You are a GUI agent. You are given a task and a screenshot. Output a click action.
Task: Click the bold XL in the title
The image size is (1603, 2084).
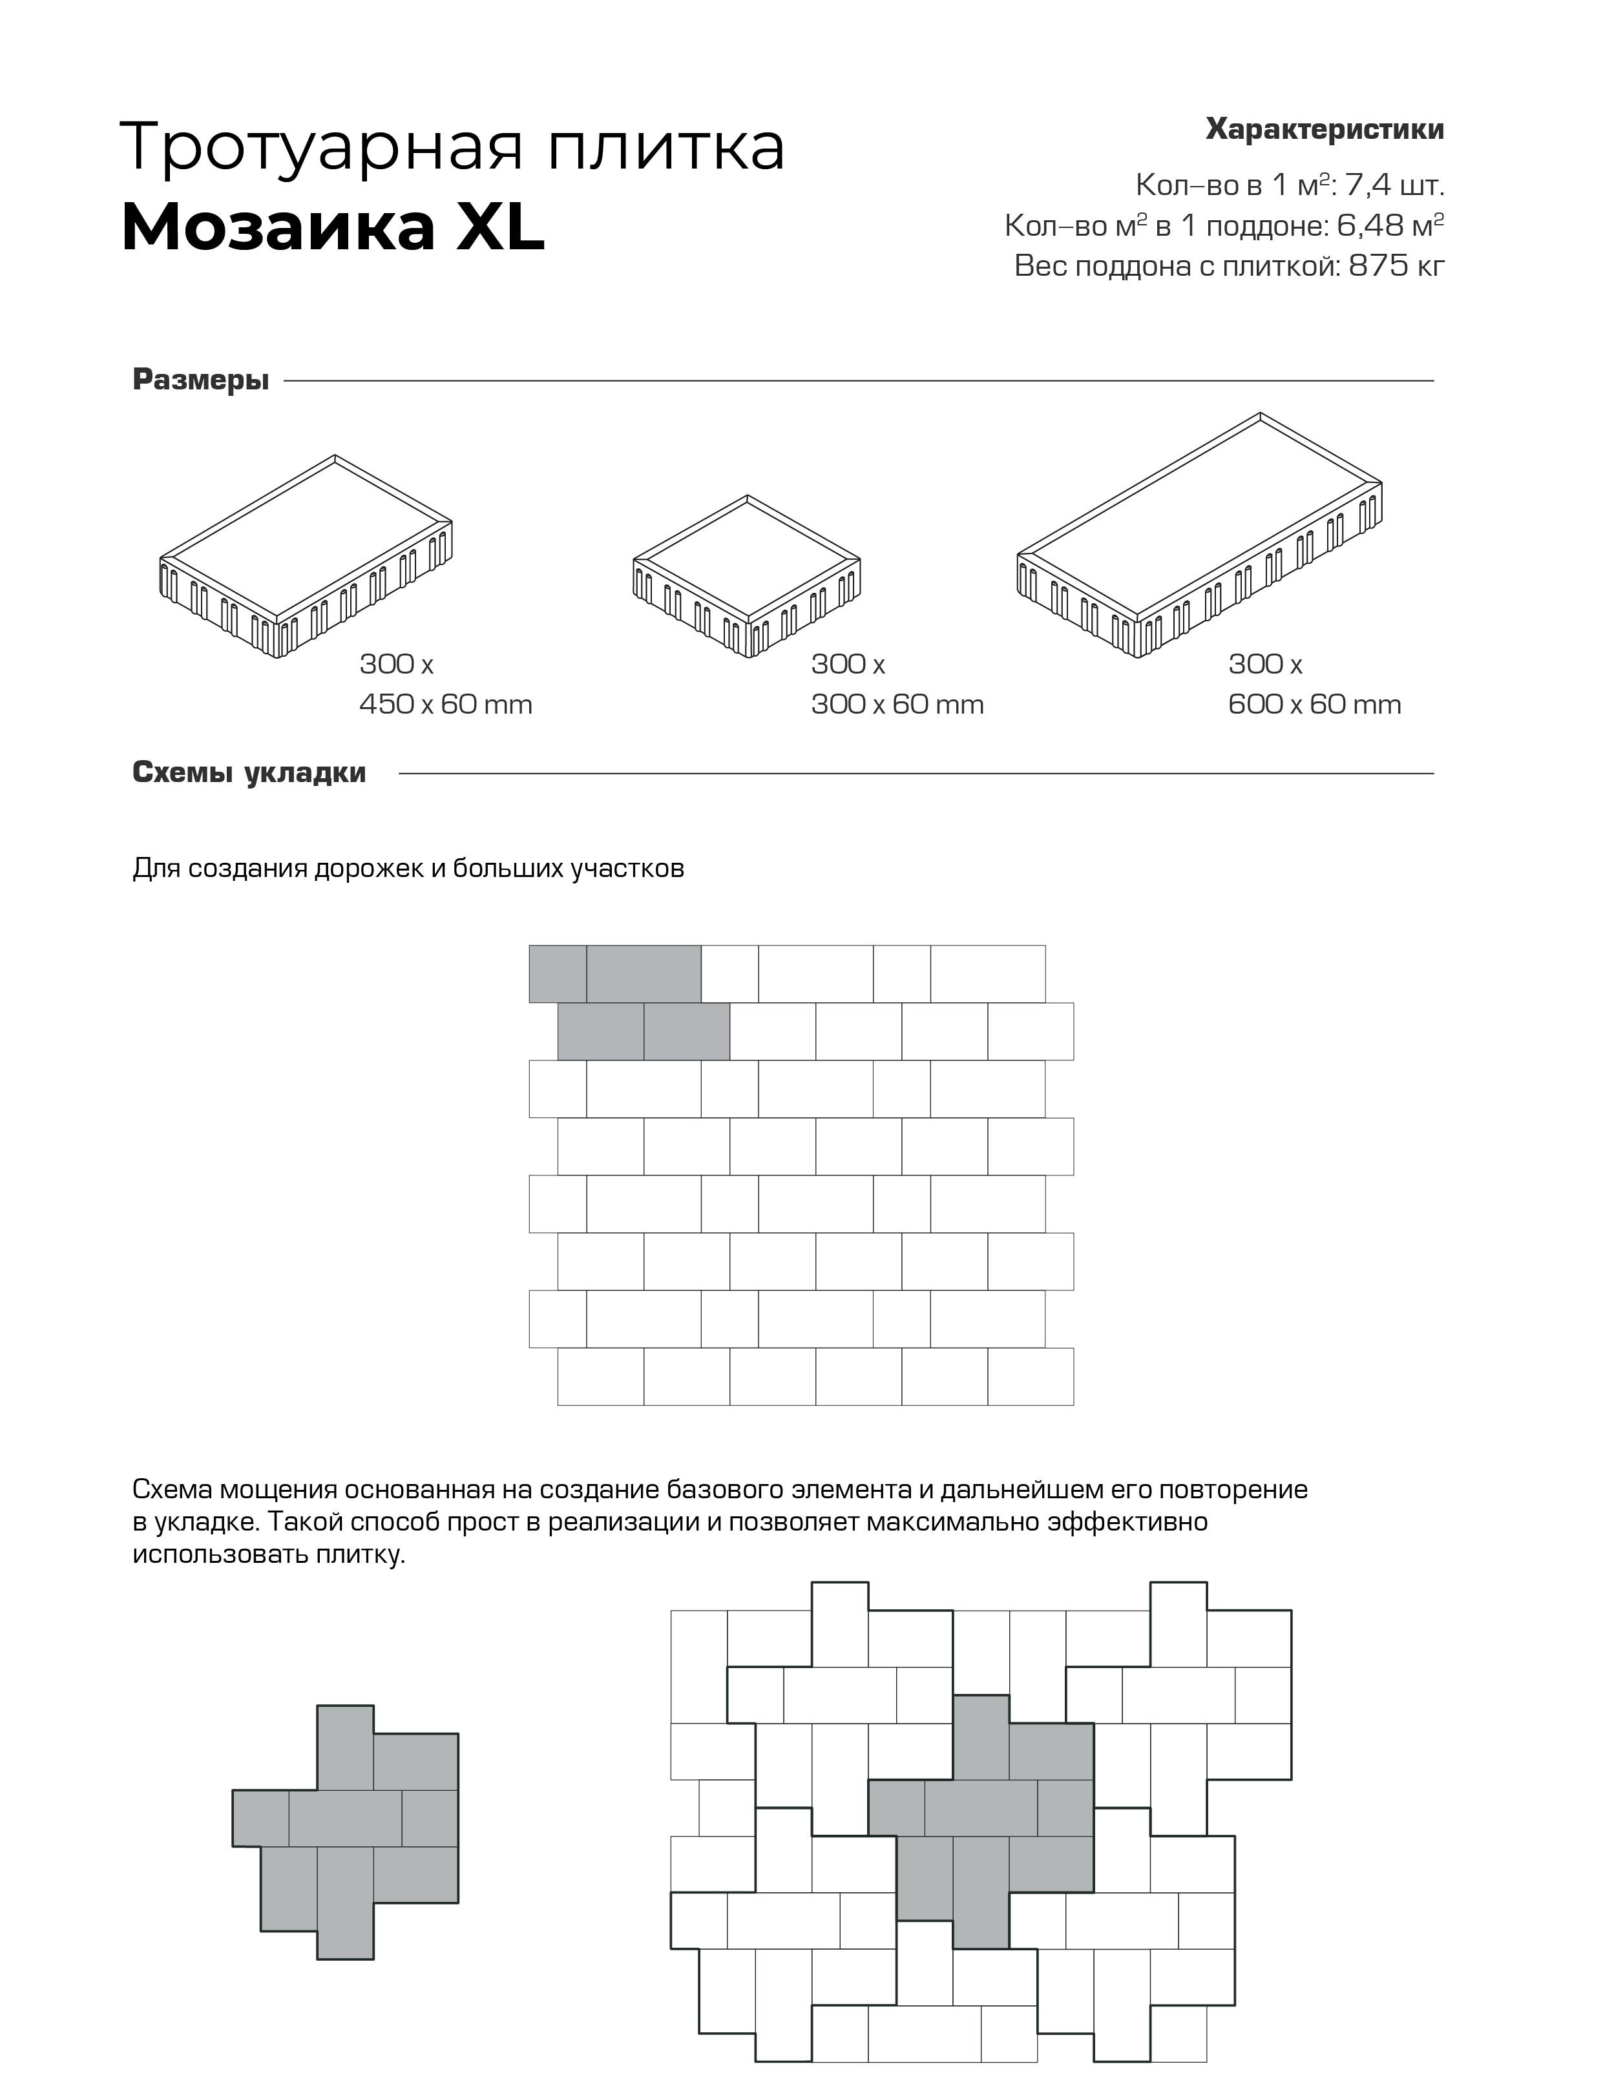coord(500,229)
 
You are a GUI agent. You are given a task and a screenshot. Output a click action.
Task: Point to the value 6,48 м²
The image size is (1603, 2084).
coord(1390,225)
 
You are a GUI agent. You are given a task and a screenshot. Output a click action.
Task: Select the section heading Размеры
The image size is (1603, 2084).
coord(200,380)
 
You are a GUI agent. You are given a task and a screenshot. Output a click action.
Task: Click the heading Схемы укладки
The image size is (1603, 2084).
coord(249,772)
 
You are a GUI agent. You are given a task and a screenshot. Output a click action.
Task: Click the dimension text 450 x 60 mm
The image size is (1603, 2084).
coord(446,705)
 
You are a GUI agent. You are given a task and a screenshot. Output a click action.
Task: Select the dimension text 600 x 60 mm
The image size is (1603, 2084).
coord(1314,705)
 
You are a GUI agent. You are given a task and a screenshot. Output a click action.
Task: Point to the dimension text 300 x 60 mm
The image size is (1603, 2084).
coord(897,705)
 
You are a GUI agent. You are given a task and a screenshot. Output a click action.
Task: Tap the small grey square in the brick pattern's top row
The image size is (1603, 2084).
coord(557,974)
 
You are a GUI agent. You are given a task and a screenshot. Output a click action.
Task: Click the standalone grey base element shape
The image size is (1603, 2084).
coord(346,1832)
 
